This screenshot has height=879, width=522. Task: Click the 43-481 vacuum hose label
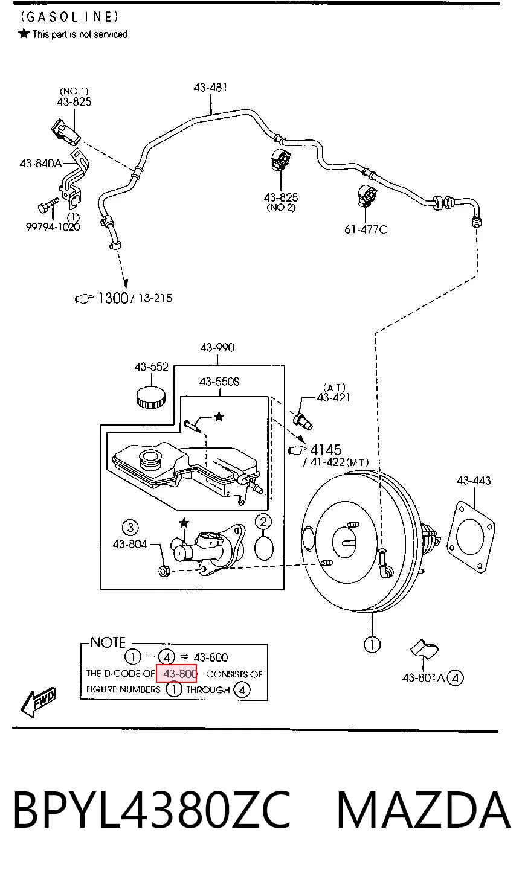click(x=210, y=87)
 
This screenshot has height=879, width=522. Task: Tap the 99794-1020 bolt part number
click(x=53, y=227)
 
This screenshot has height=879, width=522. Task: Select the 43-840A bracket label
click(x=41, y=163)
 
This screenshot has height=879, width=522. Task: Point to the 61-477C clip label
click(x=366, y=229)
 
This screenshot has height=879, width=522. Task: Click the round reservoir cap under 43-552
click(x=151, y=397)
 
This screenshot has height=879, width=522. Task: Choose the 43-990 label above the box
click(x=217, y=347)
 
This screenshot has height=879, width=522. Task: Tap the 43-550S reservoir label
click(x=219, y=382)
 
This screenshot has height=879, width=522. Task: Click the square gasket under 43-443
click(x=471, y=537)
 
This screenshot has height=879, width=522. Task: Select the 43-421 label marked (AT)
click(x=333, y=397)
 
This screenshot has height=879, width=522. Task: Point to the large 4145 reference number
click(x=326, y=450)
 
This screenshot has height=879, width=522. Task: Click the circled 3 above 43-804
click(x=130, y=528)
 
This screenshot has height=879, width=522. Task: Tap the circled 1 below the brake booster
click(x=372, y=644)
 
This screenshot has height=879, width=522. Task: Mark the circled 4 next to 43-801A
click(x=456, y=678)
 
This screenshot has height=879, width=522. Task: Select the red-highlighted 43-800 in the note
click(x=176, y=674)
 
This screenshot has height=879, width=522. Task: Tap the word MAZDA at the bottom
click(x=424, y=811)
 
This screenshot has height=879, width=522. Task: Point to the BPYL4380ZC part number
click(x=152, y=811)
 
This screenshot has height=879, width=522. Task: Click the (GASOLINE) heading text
click(x=69, y=16)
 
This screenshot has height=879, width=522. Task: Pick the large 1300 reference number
click(x=113, y=298)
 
